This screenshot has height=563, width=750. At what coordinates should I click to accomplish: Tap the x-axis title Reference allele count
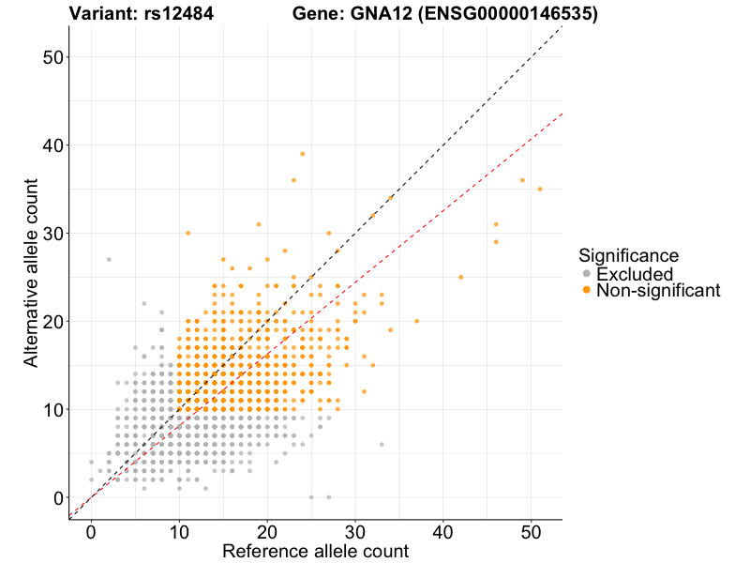coord(315,551)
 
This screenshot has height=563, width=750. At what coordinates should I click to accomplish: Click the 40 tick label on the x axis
coord(443,531)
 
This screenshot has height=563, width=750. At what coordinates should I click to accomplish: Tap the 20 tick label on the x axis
coord(267,531)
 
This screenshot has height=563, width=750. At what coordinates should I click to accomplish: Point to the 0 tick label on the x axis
coord(91,531)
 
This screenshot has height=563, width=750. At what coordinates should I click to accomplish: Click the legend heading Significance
coord(628,255)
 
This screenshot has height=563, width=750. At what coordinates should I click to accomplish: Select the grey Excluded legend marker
coord(587,274)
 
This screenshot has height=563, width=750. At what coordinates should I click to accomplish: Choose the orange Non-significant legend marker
coord(587,291)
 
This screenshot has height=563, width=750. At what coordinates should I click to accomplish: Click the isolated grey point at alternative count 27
coord(109,259)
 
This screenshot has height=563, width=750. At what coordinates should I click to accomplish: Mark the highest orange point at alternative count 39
coord(303,154)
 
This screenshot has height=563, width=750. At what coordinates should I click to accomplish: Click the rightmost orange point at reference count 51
coord(540,189)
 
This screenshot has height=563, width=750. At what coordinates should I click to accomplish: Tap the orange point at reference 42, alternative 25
coord(460,277)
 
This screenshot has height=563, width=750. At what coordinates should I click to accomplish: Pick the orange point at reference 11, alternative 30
coord(188,233)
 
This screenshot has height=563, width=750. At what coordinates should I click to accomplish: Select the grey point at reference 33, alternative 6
coord(382,444)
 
